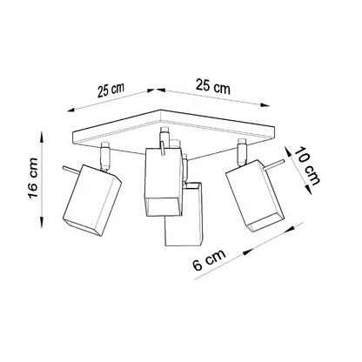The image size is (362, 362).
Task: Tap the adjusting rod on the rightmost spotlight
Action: click(273, 161)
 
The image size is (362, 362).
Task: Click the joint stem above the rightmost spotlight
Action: click(241, 155)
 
